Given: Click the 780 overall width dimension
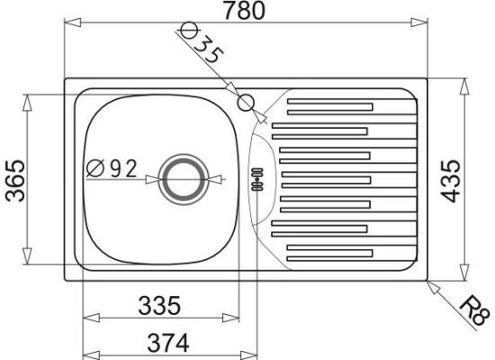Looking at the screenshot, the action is [x=244, y=11].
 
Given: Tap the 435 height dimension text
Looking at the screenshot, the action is [x=451, y=181].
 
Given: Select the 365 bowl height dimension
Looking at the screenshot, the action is [x=15, y=181].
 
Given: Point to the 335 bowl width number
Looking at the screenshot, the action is [x=159, y=305].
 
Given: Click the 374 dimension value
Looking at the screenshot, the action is [x=168, y=343].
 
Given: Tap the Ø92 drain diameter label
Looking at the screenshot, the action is [x=112, y=168].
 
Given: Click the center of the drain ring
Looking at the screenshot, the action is [x=184, y=179].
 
